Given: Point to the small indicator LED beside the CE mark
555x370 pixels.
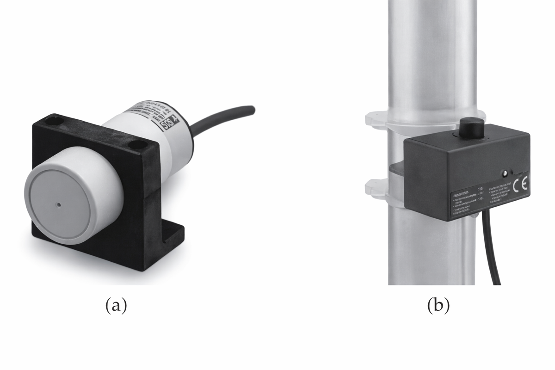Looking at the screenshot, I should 505,174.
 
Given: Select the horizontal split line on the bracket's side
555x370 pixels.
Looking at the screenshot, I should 153,191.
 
